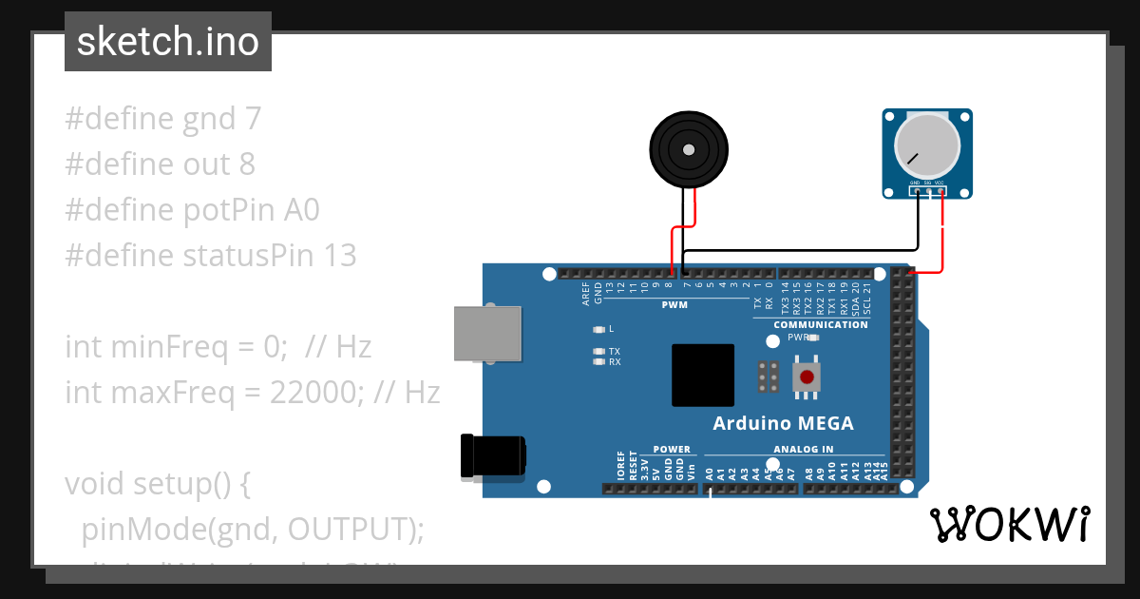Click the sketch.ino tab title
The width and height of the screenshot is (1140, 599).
tap(168, 43)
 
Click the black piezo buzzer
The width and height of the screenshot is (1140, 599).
tap(689, 148)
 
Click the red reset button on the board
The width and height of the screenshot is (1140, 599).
tap(807, 377)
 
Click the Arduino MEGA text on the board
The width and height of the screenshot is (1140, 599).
tap(783, 424)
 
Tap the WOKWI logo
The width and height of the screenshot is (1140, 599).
tap(1009, 524)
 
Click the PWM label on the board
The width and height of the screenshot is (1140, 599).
tap(674, 306)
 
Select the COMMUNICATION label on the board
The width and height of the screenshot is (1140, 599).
tap(821, 325)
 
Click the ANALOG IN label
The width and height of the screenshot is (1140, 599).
tap(803, 450)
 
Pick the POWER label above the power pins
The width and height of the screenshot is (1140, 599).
tap(672, 450)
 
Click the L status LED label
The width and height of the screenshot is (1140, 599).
tap(611, 329)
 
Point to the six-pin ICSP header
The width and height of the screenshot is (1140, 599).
tap(769, 377)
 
